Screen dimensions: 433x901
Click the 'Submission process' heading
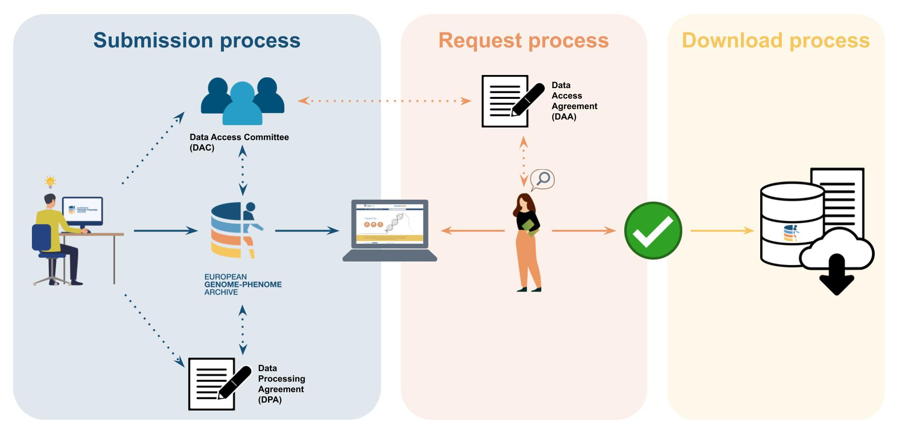point(197,40)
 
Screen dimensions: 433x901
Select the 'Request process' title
point(523,40)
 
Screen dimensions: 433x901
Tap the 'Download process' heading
point(776,40)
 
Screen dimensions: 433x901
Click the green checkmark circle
point(653,231)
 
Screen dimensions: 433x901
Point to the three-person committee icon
point(243,101)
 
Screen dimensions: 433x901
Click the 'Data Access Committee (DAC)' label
point(239,142)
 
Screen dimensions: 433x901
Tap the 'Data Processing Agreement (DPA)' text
point(281,384)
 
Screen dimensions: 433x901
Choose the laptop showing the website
point(390,230)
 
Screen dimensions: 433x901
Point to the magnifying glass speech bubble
point(543,179)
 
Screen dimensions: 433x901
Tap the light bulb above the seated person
point(50,181)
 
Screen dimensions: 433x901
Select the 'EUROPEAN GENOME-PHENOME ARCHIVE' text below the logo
point(243,284)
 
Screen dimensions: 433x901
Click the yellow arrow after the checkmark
point(722,231)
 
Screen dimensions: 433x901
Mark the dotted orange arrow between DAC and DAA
point(384,101)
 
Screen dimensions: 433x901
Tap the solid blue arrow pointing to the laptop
point(307,231)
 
